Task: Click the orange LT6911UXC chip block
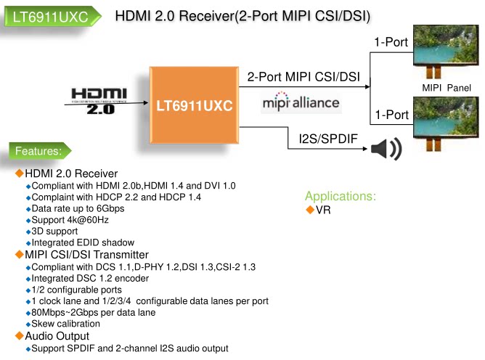click(x=194, y=106)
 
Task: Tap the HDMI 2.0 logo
click(x=99, y=101)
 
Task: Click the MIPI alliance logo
click(x=300, y=102)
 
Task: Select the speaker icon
click(x=386, y=149)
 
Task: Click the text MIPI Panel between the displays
click(x=446, y=88)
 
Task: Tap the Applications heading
click(x=341, y=196)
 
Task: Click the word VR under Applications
click(x=323, y=210)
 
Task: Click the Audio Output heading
click(x=57, y=336)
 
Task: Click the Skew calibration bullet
click(x=66, y=324)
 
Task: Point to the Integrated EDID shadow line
click(x=83, y=243)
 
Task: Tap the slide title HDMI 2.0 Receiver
click(x=244, y=16)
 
